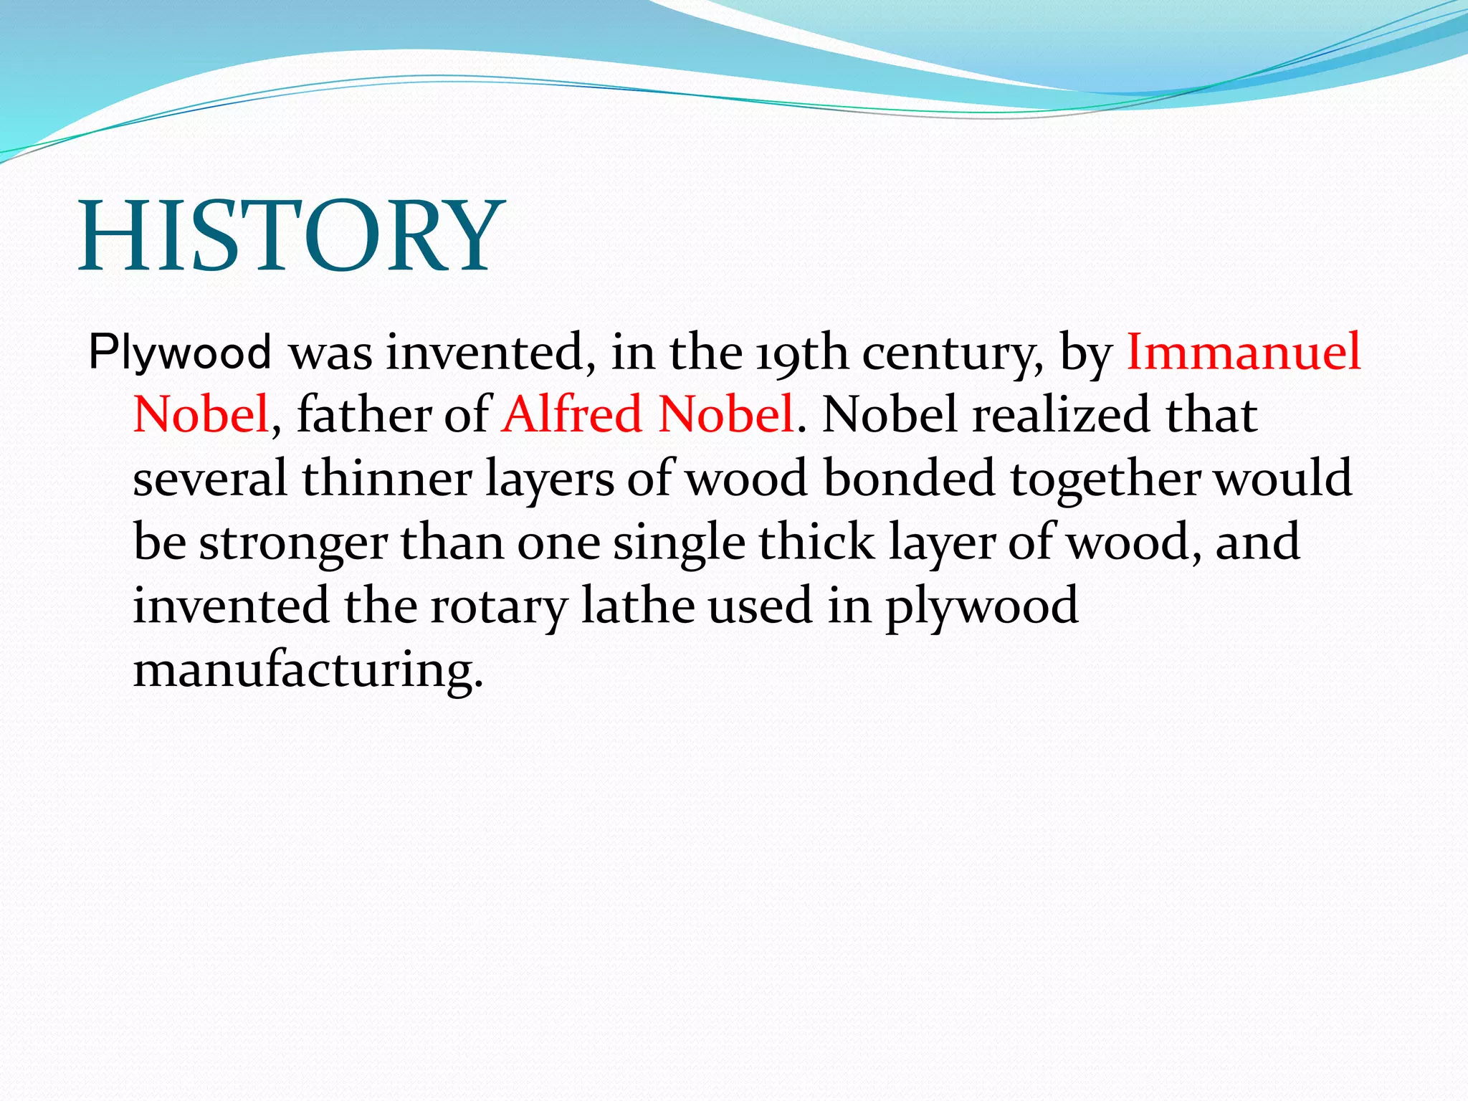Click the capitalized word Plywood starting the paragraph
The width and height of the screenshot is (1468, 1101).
[x=179, y=353]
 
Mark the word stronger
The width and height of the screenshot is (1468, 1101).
[x=292, y=542]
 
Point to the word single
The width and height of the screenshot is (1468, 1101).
[x=679, y=543]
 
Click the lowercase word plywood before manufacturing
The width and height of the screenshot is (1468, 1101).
[x=981, y=606]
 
